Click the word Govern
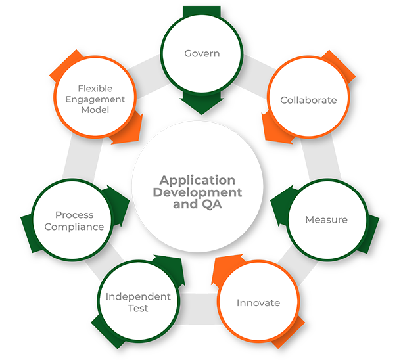[x=202, y=53]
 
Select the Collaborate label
[x=308, y=101]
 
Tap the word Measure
[x=326, y=219]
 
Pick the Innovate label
[x=258, y=303]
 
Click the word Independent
[x=138, y=296]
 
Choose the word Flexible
[x=95, y=88]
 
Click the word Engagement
[x=95, y=99]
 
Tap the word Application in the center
[x=197, y=180]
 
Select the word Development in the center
[x=197, y=192]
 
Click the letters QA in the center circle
[x=212, y=204]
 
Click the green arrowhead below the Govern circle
[x=202, y=105]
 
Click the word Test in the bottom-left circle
[x=138, y=308]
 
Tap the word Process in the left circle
[x=74, y=215]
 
